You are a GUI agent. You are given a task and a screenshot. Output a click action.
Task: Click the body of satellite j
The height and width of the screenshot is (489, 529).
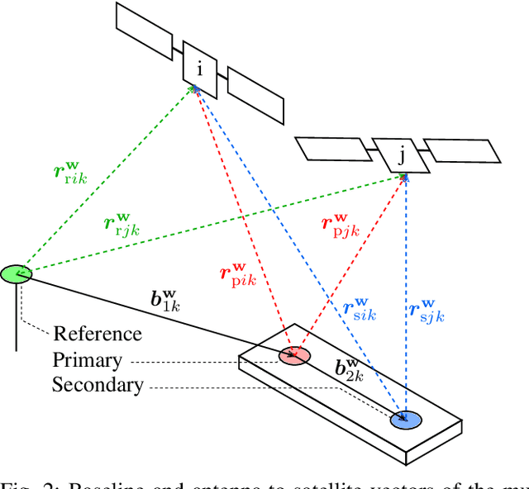401,154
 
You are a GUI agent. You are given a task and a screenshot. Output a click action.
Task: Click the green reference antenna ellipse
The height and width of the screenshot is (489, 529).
16,274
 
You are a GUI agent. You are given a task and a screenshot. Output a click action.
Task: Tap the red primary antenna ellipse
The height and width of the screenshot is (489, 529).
293,355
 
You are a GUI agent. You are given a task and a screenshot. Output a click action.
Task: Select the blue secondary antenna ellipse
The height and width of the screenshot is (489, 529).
405,419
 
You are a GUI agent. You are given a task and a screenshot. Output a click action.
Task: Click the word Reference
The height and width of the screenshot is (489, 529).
98,334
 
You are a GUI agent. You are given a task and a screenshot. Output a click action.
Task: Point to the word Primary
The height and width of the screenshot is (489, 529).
87,360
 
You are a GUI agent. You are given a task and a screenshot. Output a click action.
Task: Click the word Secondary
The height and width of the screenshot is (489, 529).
98,385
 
